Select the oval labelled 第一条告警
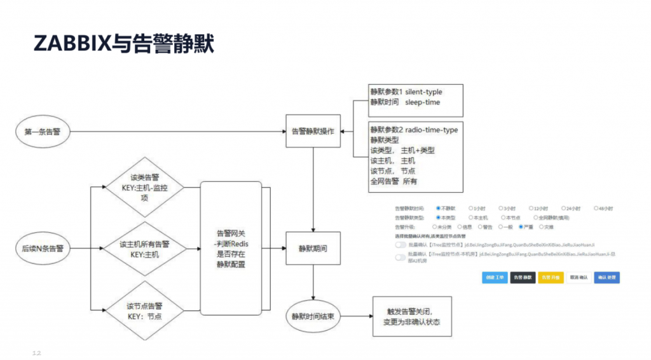43,132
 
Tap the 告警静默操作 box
313,131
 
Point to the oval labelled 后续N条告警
43,248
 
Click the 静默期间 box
313,248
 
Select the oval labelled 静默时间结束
312,316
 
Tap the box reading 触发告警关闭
412,317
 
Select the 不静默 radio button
439,208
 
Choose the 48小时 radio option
596,208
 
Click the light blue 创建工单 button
495,278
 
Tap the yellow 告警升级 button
551,278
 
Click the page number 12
36,351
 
